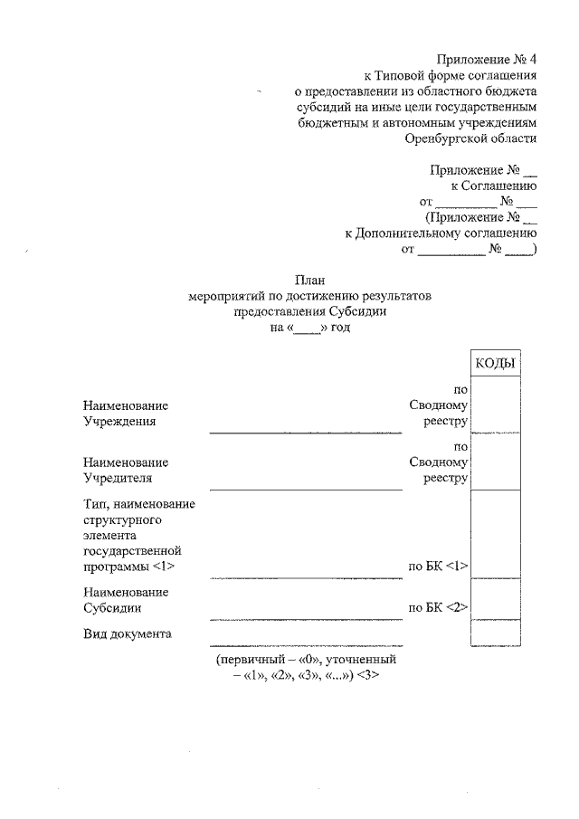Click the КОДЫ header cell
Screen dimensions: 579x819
(495, 363)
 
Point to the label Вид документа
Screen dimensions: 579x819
(127, 633)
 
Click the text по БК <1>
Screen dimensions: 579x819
(437, 567)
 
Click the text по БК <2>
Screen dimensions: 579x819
(437, 608)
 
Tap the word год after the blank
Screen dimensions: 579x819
(339, 329)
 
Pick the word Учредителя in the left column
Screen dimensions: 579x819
(118, 477)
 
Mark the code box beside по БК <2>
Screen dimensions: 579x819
(495, 599)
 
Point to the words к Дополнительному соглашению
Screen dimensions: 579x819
(441, 233)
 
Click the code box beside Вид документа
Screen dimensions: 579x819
(495, 633)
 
